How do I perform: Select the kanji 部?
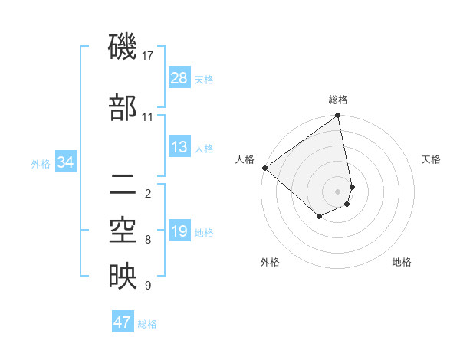tap(123, 108)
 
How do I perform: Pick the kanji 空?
tap(123, 231)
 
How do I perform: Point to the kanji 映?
tap(123, 277)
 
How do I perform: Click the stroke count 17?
tap(148, 56)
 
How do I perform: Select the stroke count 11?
tap(148, 117)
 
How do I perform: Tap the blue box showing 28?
tap(179, 78)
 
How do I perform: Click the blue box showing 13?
tap(179, 147)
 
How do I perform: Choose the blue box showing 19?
tap(179, 231)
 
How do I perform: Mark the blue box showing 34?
tap(66, 162)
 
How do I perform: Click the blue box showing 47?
tap(123, 322)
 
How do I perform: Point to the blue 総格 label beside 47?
tap(147, 324)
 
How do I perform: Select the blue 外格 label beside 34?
tap(41, 163)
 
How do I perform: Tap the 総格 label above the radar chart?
tap(338, 100)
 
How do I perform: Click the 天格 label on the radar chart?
tap(431, 159)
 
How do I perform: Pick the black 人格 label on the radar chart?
tap(245, 159)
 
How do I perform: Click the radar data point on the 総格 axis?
tap(338, 116)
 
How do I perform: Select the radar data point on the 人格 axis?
tap(264, 168)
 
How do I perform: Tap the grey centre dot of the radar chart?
tap(338, 191)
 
